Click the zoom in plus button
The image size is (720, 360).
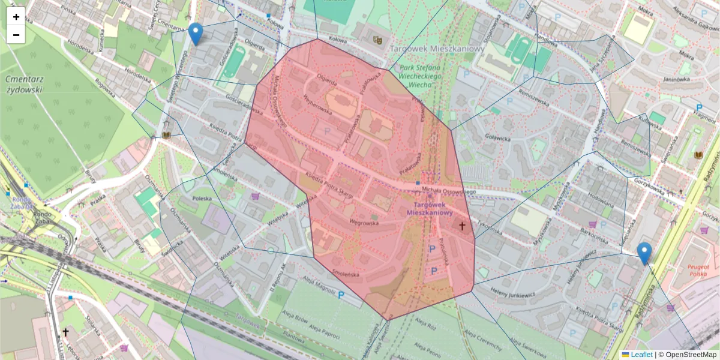pyautogui.click(x=16, y=17)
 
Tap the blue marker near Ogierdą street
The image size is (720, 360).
pyautogui.click(x=195, y=34)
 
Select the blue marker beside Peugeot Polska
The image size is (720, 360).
pyautogui.click(x=644, y=253)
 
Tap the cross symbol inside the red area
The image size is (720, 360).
pyautogui.click(x=462, y=226)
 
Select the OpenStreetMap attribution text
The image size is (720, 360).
pyautogui.click(x=688, y=355)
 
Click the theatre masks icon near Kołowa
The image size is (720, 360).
pyautogui.click(x=377, y=40)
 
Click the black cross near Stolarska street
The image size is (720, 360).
pyautogui.click(x=65, y=332)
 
